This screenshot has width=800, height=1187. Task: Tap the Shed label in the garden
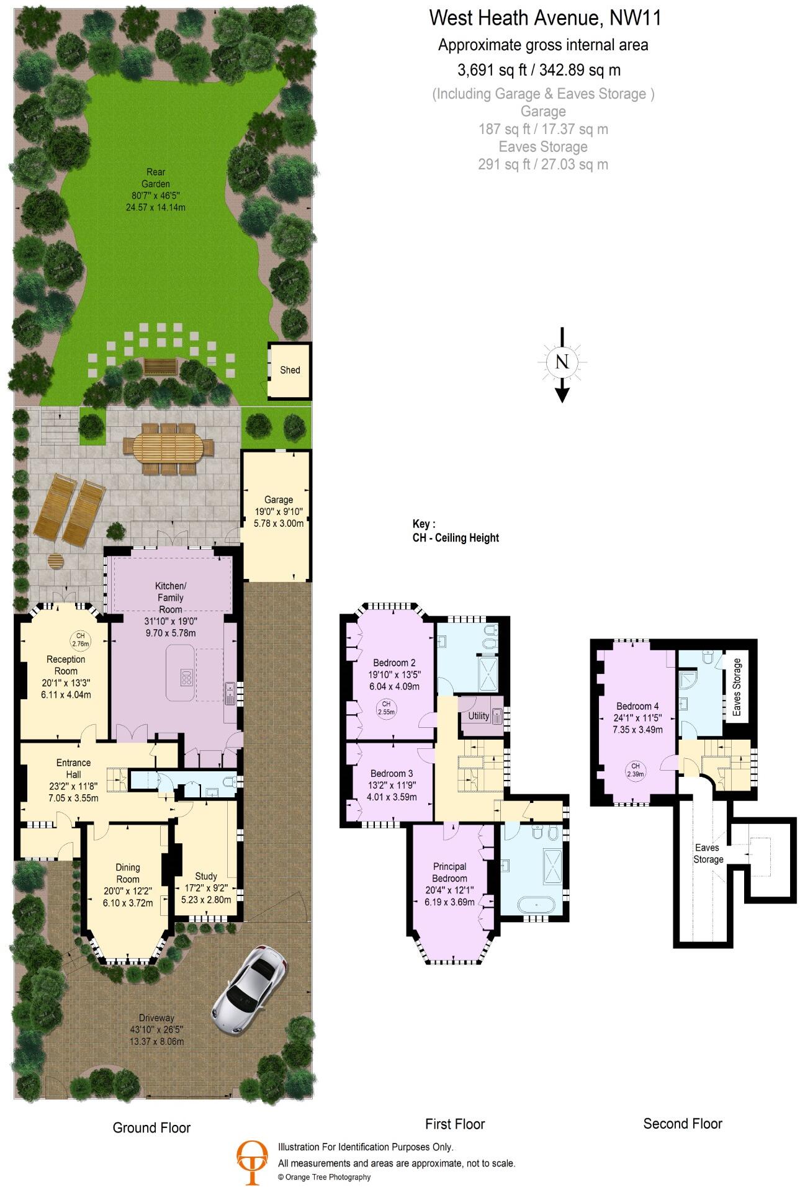click(x=290, y=370)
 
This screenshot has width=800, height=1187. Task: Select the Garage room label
click(x=278, y=499)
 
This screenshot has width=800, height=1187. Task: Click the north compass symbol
click(x=562, y=362)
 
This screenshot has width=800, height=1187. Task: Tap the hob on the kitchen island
click(x=186, y=678)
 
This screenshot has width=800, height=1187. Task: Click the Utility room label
click(x=479, y=715)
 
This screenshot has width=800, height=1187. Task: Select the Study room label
click(x=206, y=876)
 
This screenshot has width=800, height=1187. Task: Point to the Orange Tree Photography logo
click(x=253, y=1157)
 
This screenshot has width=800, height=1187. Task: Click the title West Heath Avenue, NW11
click(x=545, y=19)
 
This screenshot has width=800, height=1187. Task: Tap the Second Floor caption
click(x=683, y=1123)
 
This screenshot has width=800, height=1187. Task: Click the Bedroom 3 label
click(x=392, y=774)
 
